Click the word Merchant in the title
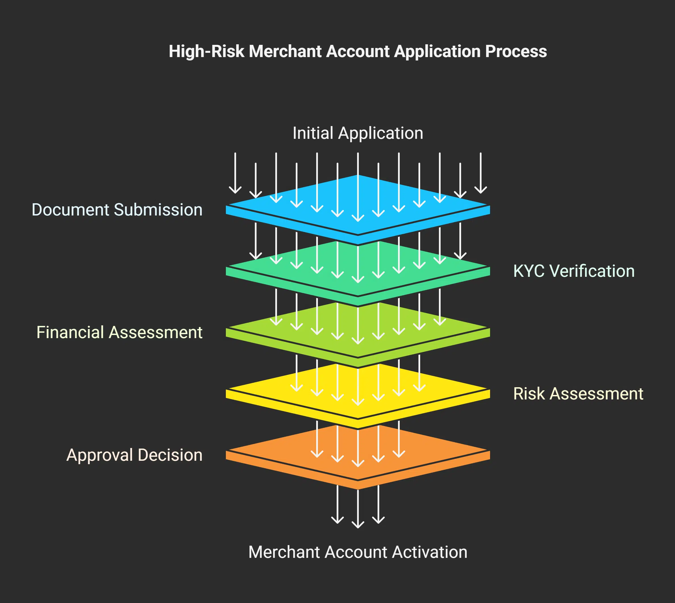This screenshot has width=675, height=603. coord(285,52)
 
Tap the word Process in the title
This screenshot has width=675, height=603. coord(516,52)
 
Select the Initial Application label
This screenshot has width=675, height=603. coord(358,133)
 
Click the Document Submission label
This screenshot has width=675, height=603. coord(117,210)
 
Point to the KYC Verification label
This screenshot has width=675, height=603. coord(574,271)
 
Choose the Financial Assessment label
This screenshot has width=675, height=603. coord(119,332)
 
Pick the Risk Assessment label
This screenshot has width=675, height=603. coord(578,393)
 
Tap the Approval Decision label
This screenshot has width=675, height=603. coord(134,455)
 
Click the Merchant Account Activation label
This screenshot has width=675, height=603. coord(358,552)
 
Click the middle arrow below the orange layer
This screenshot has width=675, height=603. coord(358,507)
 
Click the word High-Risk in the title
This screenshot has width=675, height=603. coord(207,52)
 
